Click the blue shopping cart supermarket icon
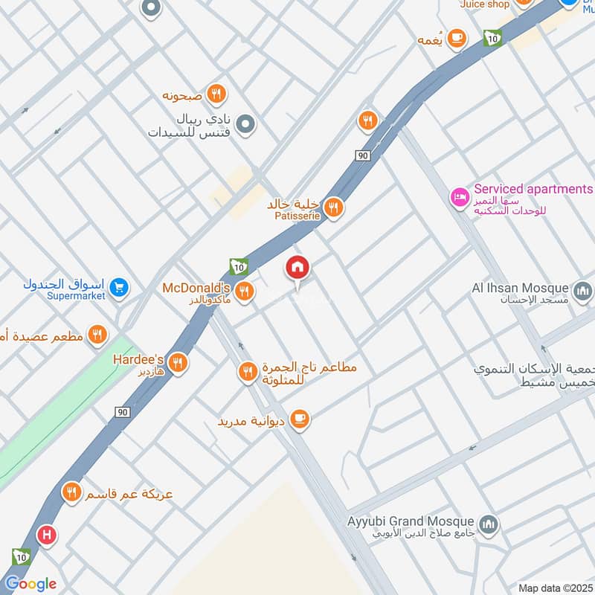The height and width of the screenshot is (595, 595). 118,287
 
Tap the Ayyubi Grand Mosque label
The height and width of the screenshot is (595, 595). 411,521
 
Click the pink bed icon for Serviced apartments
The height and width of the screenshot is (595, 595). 459,198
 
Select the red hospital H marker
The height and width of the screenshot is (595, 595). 48,534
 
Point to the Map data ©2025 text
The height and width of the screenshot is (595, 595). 555,588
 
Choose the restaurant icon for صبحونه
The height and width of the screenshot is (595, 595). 216,94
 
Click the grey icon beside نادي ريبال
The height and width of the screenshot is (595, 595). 245,124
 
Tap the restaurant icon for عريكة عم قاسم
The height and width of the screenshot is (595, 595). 71,492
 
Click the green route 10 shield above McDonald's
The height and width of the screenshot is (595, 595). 239,266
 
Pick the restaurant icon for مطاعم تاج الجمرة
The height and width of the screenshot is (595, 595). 248,371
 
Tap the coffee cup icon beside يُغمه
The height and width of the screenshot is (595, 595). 456,36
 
